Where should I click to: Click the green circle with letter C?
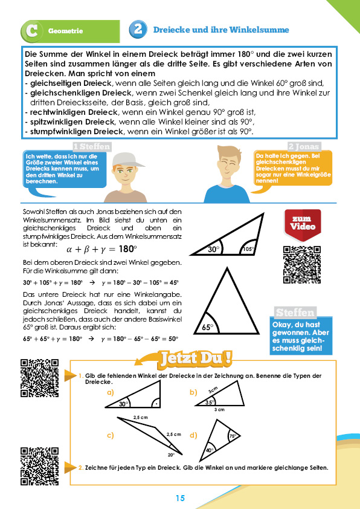[32, 31]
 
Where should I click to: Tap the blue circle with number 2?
[138, 29]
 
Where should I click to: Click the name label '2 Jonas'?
[304, 146]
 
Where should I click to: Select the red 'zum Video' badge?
[303, 225]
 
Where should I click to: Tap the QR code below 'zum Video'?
[302, 265]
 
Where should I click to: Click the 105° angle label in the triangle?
[248, 249]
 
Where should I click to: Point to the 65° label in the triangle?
[208, 327]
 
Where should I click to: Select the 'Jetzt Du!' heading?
[196, 358]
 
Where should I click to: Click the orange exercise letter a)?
[111, 392]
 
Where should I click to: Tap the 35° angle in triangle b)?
[210, 402]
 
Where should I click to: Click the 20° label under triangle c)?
[172, 455]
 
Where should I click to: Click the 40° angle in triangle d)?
[210, 450]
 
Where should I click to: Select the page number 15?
[180, 498]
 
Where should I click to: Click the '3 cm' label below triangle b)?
[219, 410]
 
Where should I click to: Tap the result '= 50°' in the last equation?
[170, 339]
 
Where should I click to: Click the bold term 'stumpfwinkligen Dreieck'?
[77, 132]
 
